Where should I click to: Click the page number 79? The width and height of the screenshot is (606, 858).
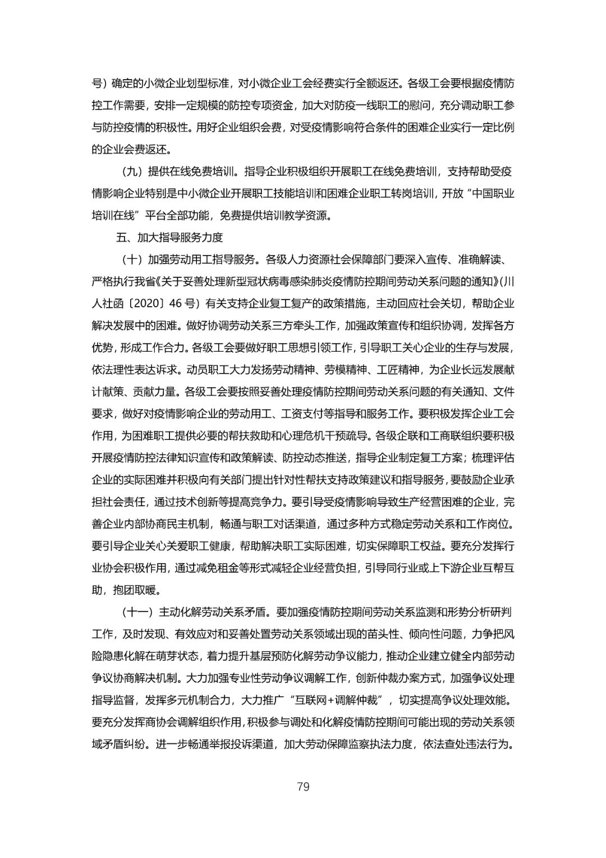click(303, 786)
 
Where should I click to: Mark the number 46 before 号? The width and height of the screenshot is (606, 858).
click(175, 303)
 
